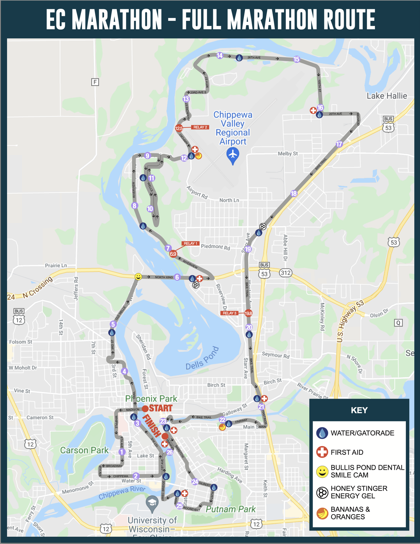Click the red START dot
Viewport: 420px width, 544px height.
point(145,409)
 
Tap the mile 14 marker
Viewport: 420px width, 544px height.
point(220,56)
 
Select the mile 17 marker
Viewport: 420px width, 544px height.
point(339,144)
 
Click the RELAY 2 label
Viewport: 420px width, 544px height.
point(200,127)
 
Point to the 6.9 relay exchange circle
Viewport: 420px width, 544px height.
point(173,254)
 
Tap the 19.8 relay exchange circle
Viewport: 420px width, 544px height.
point(248,313)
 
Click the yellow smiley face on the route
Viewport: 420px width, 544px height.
point(138,277)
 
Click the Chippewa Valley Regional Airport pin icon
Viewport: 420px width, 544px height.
point(233,155)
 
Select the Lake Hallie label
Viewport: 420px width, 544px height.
point(387,96)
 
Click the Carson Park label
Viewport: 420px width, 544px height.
point(84,450)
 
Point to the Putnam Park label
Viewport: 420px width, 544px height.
point(230,509)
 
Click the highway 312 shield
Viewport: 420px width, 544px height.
point(286,273)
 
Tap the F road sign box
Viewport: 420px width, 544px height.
point(95,82)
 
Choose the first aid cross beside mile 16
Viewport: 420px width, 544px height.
point(313,110)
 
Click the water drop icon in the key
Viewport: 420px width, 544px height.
point(322,433)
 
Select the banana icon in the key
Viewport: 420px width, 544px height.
point(322,513)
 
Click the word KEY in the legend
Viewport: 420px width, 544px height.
point(359,410)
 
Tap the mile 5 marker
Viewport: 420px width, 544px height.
point(113,324)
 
